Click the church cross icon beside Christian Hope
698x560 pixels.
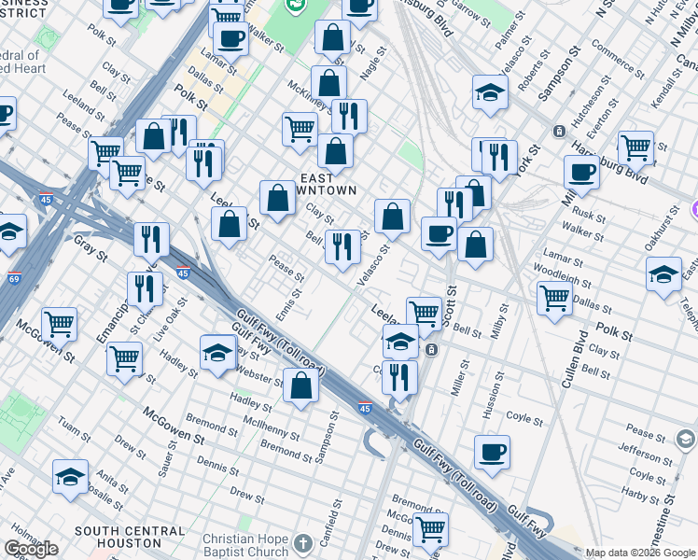(303, 542)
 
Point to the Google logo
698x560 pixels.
(31, 549)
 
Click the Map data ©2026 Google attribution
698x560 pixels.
(641, 553)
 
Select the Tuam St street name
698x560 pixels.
(74, 427)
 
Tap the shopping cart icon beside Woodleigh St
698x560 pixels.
(554, 297)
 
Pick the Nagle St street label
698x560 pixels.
(371, 68)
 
